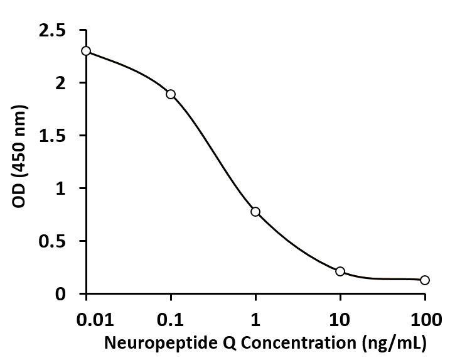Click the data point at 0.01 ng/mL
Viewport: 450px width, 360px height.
tap(86, 51)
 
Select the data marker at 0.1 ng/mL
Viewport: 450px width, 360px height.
tap(171, 94)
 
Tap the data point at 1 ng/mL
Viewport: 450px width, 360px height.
tap(255, 212)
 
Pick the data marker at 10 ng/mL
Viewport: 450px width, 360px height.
tap(340, 271)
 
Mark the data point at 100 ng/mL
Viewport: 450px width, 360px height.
tap(425, 280)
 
